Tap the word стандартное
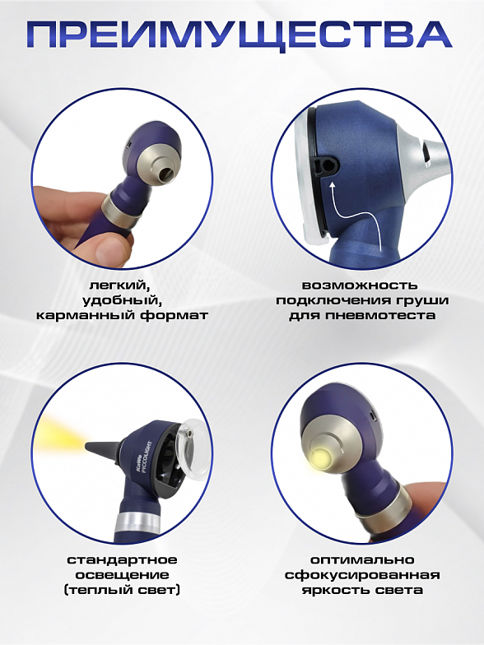tap(122, 559)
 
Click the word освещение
tap(122, 575)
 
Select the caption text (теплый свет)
tap(122, 591)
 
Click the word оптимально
tap(362, 559)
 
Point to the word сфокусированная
tap(362, 574)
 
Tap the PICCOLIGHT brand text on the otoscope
tap(148, 457)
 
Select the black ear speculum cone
tap(104, 445)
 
